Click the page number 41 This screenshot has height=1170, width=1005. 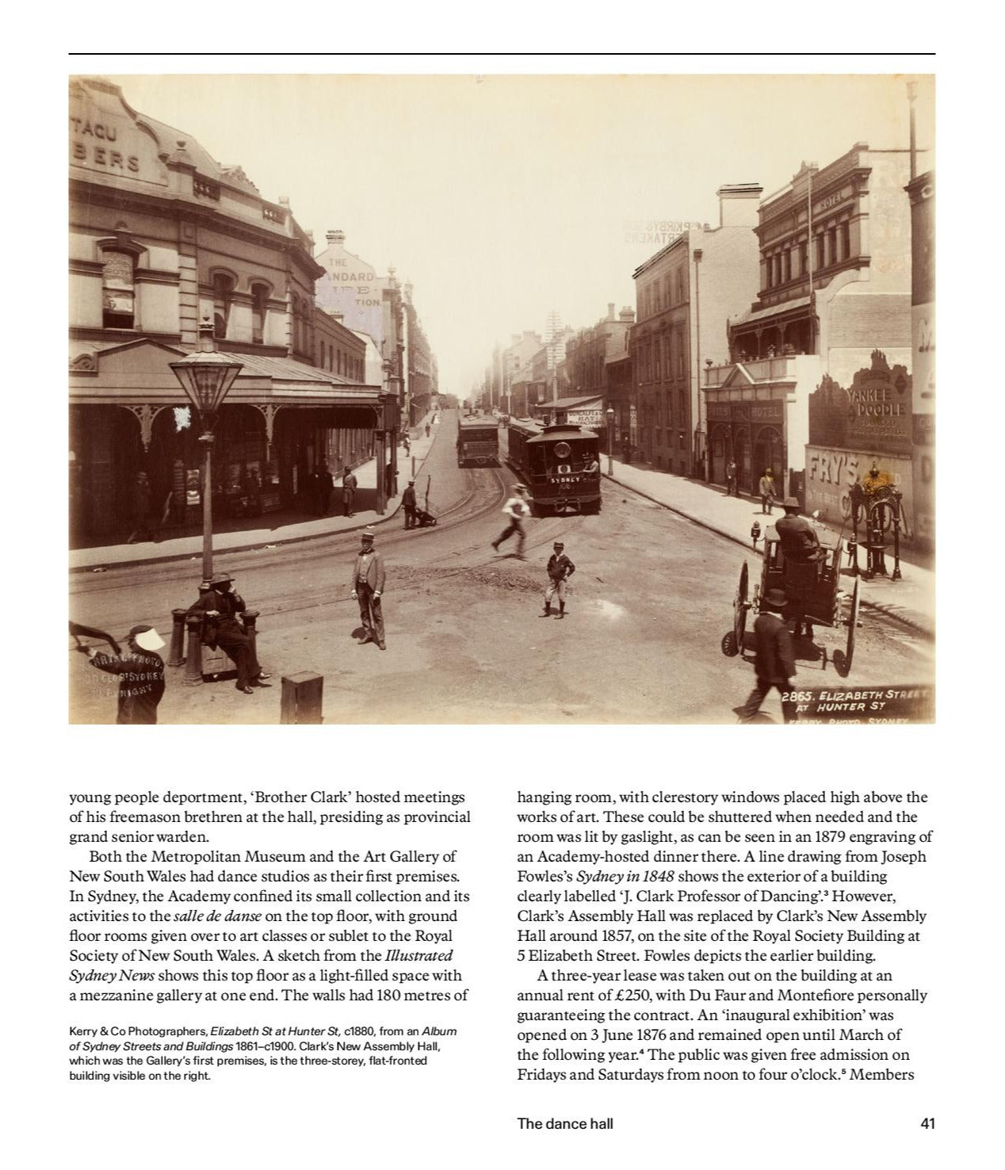927,1123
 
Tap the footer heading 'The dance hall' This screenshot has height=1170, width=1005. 564,1123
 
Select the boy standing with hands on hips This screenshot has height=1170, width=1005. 560,579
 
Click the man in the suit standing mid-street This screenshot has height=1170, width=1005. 369,587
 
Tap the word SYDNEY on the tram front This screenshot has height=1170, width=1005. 565,480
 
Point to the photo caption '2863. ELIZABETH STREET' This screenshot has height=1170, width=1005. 854,697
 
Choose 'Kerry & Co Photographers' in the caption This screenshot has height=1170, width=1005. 137,1031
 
